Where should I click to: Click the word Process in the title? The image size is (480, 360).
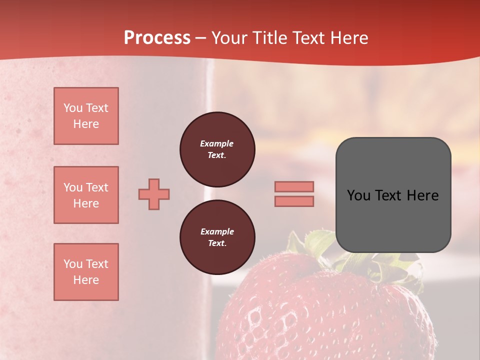157,38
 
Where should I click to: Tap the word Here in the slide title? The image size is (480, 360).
348,38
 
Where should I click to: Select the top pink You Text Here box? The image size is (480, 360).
86,116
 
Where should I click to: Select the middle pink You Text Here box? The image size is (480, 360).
86,195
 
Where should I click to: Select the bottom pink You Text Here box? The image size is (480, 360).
86,272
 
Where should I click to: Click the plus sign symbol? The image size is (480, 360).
154,194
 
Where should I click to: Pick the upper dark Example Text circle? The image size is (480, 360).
217,149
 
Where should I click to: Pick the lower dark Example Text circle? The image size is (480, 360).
217,237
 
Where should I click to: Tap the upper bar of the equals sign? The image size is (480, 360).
294,186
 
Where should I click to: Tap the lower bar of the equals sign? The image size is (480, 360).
294,201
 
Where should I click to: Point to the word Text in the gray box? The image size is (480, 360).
389,195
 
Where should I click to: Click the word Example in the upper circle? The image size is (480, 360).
217,143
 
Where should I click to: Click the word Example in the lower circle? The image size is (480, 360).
217,231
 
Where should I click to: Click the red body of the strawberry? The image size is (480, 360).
320,315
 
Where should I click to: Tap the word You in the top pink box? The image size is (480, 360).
73,108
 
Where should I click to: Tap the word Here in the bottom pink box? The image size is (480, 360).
86,280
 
